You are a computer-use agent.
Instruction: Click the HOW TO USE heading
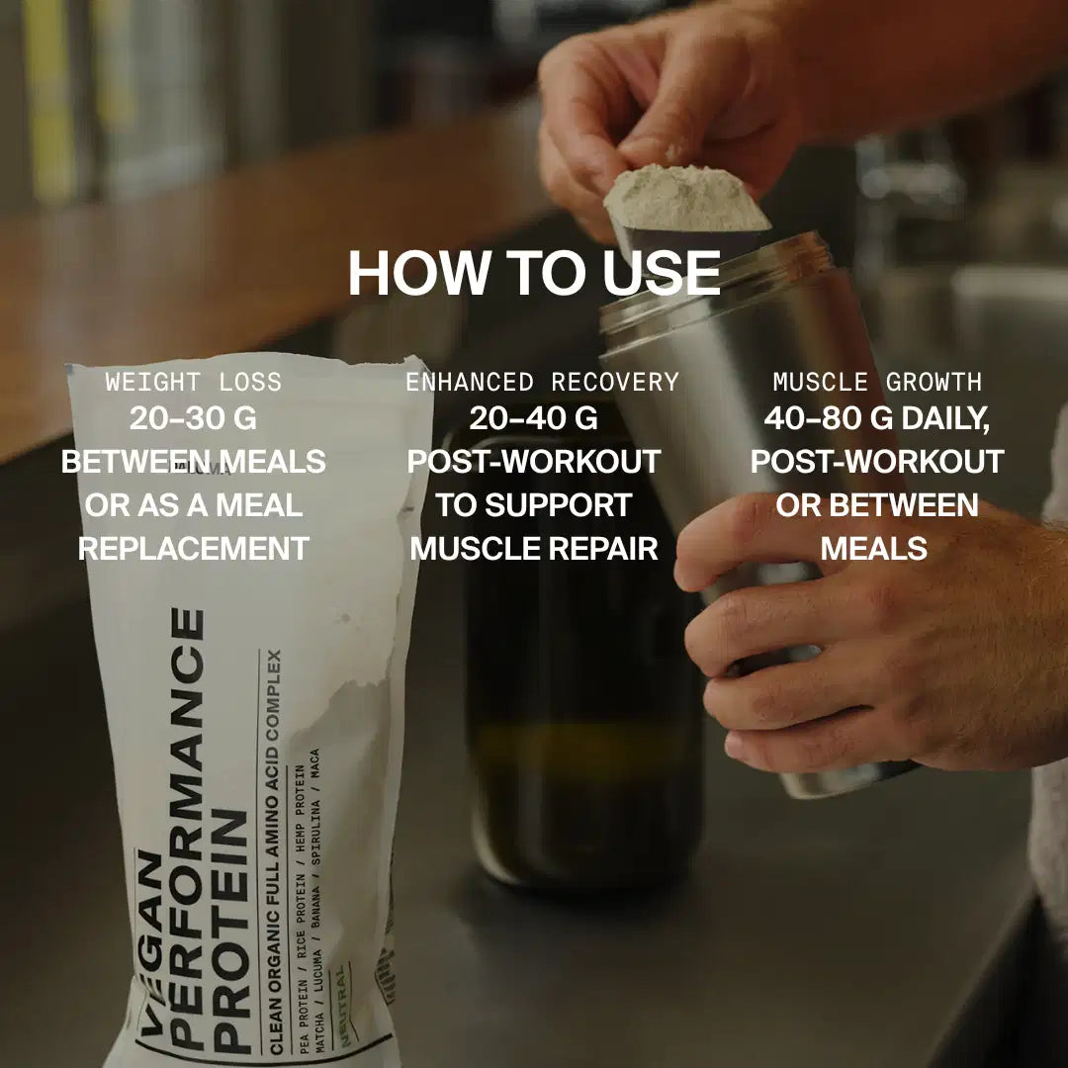(534, 274)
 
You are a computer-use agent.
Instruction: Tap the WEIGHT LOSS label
(194, 382)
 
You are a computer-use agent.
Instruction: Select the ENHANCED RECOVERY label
(542, 382)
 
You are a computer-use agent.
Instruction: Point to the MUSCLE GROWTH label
(877, 382)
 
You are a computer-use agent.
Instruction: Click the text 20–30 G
(194, 418)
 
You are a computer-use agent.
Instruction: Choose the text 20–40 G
(534, 418)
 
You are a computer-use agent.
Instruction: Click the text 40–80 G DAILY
(877, 418)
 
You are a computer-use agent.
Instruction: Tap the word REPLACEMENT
(194, 548)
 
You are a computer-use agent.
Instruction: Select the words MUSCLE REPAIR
(534, 548)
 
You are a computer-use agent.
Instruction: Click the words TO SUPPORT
(534, 504)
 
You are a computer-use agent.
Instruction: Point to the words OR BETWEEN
(877, 504)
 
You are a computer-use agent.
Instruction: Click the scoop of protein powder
(682, 198)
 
